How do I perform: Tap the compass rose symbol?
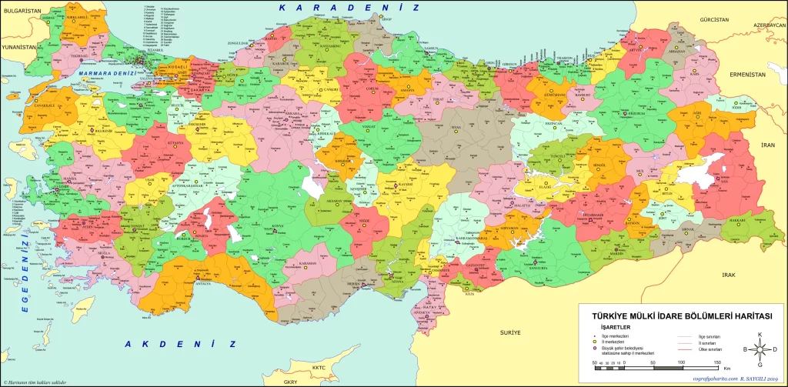coord(760,349)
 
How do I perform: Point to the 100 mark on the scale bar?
coord(680,361)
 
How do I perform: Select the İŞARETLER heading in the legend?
coord(604,325)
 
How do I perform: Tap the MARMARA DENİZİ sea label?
coord(104,74)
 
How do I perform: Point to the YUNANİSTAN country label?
coord(18,47)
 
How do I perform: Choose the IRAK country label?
coord(728,275)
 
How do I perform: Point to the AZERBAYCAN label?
coord(770,25)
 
